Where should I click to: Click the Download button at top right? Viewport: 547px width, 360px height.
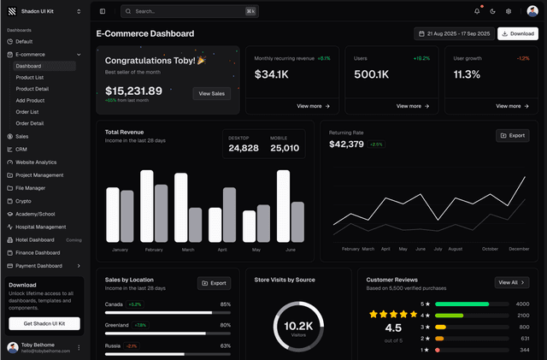click(x=518, y=33)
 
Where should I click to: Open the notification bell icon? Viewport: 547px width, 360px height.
click(x=477, y=11)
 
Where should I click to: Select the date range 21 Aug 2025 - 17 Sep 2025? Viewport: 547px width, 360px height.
click(x=453, y=33)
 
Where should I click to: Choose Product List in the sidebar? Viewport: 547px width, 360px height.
click(x=30, y=77)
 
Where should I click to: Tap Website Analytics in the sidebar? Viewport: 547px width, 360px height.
click(x=35, y=162)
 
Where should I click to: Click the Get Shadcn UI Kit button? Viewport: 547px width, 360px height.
click(x=44, y=323)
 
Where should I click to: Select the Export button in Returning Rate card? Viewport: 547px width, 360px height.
click(x=512, y=135)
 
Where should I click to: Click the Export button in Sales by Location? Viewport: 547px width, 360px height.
click(x=214, y=283)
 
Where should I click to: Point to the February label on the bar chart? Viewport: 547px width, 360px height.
click(x=154, y=250)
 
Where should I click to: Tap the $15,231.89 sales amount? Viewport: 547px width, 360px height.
click(x=133, y=91)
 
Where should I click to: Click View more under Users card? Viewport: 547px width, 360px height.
click(x=412, y=106)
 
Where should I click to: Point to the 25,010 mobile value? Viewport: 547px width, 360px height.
click(x=285, y=148)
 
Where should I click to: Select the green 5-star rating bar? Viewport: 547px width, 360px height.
click(x=462, y=304)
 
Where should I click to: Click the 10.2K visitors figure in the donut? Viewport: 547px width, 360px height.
click(x=298, y=326)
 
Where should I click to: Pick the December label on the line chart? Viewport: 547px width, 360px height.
click(x=519, y=249)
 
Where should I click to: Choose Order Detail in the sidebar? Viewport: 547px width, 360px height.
click(x=30, y=123)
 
